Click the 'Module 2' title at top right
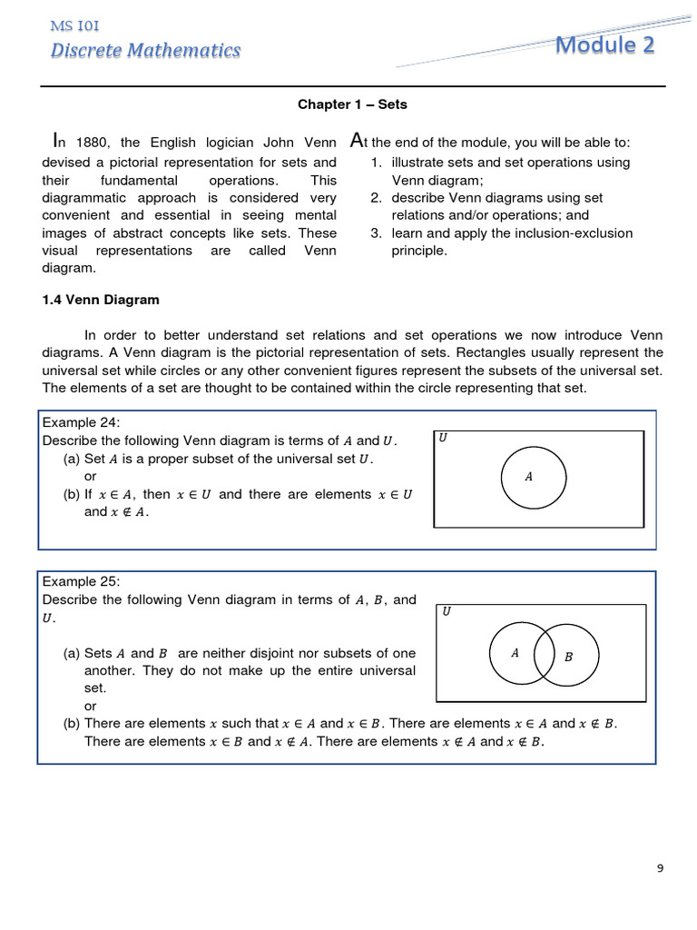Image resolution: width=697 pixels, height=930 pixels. (604, 45)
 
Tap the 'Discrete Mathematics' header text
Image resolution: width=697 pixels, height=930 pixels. (145, 50)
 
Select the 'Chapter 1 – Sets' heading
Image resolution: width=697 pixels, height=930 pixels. (352, 104)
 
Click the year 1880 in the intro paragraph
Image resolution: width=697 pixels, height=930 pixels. (91, 143)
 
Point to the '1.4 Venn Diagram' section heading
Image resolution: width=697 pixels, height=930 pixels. (101, 299)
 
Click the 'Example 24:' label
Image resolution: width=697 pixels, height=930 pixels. (81, 422)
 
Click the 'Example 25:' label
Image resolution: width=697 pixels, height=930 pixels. (81, 581)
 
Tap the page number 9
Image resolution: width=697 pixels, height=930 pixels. (660, 868)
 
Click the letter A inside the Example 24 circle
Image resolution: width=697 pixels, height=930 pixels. (528, 476)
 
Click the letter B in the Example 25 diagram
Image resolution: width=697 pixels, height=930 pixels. (568, 657)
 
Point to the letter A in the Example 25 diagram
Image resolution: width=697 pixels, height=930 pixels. (515, 652)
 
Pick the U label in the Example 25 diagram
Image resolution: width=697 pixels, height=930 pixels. (446, 612)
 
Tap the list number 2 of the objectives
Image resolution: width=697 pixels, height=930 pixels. (375, 198)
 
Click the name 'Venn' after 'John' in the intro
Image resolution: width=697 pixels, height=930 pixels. (320, 143)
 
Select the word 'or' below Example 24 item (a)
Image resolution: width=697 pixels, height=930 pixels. (90, 477)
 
